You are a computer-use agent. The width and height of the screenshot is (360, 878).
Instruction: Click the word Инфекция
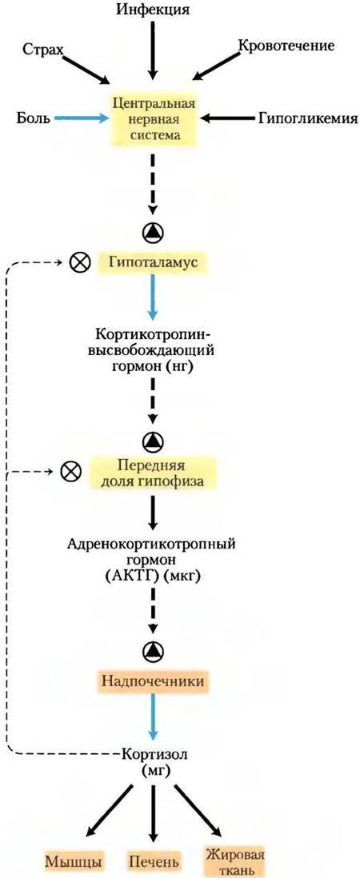(151, 10)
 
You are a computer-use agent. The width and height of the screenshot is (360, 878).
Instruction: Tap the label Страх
(42, 50)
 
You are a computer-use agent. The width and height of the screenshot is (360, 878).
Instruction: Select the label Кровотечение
(286, 46)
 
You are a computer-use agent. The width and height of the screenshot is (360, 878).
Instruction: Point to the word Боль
(34, 118)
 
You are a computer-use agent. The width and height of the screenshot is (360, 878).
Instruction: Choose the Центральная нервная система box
(153, 119)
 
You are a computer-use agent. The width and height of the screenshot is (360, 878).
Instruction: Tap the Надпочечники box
(152, 681)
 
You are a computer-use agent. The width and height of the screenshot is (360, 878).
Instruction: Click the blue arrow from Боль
(81, 118)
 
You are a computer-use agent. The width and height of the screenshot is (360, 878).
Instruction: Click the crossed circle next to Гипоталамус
(79, 261)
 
